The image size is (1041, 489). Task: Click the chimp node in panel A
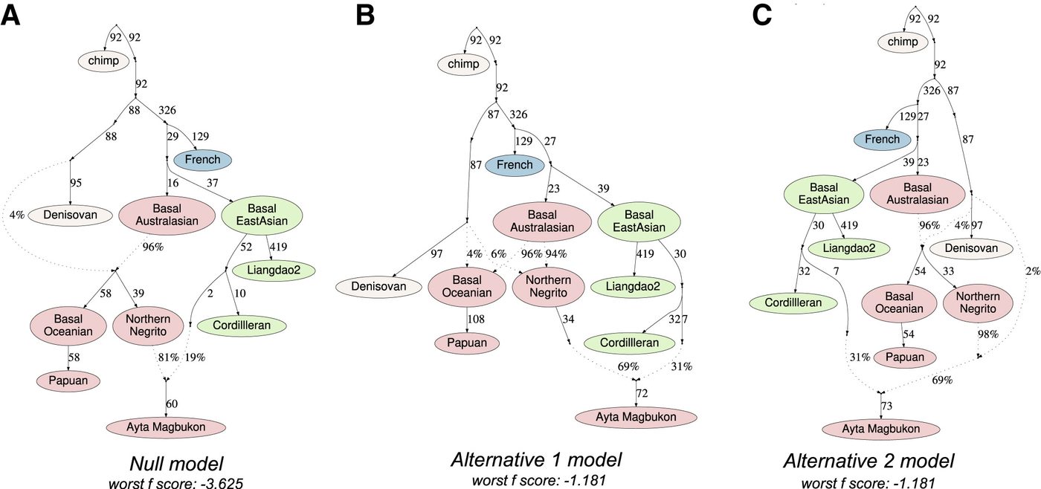pos(103,61)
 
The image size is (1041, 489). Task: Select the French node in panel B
pos(515,165)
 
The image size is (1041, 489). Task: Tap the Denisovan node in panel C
pos(971,248)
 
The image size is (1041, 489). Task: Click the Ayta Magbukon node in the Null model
pos(166,427)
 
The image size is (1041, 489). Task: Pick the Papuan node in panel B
pos(467,343)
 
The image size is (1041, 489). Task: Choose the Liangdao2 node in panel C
pos(849,248)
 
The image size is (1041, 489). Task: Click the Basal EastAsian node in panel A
pos(262,215)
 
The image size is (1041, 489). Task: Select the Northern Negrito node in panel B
pos(549,287)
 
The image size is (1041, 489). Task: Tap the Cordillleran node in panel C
pos(793,302)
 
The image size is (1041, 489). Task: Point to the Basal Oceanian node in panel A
pos(68,325)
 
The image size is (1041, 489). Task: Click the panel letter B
pos(365,16)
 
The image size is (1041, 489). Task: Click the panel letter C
pos(762,15)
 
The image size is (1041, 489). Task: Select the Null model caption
pos(177,464)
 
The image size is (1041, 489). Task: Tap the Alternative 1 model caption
pos(536,460)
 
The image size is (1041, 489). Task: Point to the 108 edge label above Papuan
pos(477,319)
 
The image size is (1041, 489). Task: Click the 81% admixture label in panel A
pos(168,357)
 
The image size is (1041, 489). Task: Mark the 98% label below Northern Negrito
pos(988,334)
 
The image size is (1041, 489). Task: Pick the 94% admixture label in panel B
pos(556,253)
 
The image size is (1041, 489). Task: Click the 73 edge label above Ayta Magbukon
pos(886,406)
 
